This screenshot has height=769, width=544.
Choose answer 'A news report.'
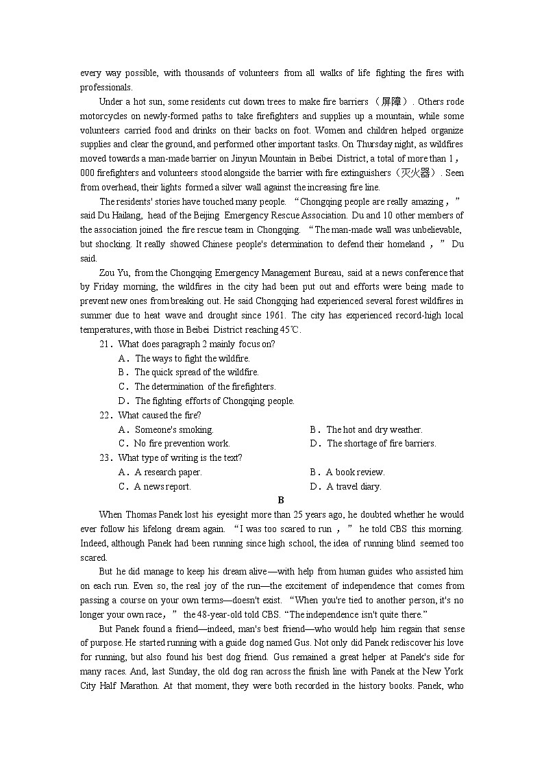coord(162,486)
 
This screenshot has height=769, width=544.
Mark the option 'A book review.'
coord(355,472)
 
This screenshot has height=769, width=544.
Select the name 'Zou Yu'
coord(114,273)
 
